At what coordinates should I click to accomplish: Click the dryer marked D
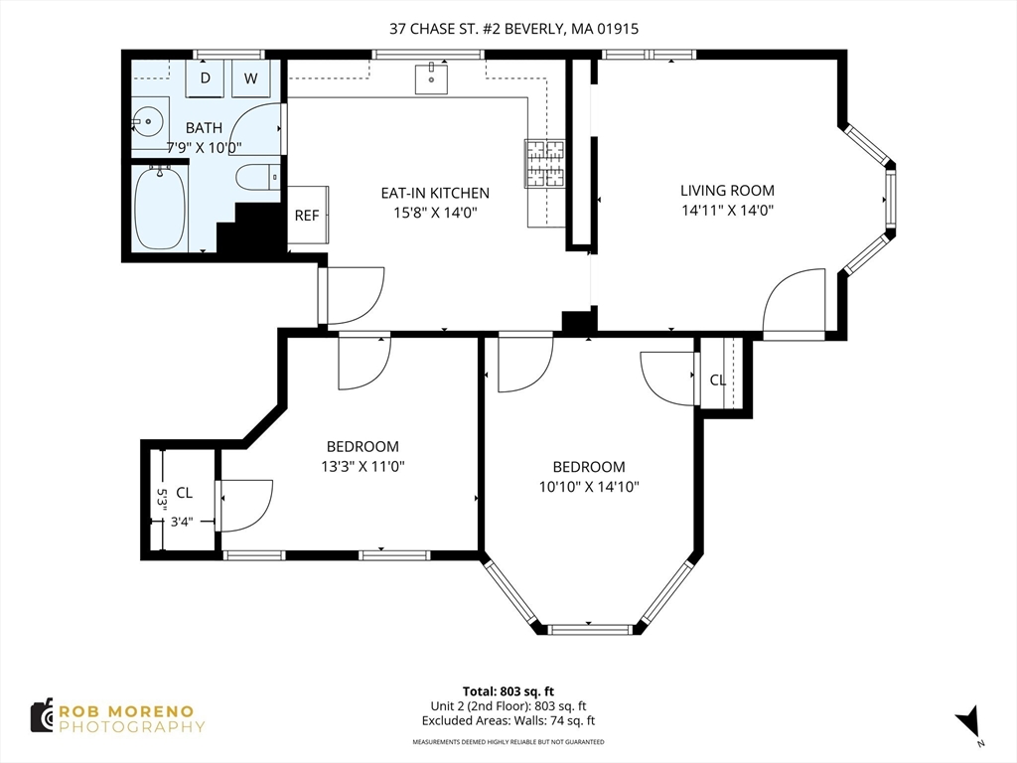coord(205,77)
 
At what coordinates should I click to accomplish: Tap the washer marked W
coord(251,77)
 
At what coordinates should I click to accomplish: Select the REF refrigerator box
coord(308,215)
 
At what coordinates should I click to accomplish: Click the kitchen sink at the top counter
coord(431,79)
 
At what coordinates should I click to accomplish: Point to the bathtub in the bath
coord(160,208)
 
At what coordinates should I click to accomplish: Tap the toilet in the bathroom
coord(258,177)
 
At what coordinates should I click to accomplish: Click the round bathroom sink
coord(148,121)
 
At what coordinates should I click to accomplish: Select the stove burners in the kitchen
coord(544,164)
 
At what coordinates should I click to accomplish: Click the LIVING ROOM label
coord(727,190)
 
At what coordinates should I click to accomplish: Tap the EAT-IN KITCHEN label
coord(435,193)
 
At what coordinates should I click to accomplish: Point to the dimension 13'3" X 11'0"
coord(363,466)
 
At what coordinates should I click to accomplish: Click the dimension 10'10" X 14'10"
coord(589,486)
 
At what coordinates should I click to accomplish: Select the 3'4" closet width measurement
coord(182,521)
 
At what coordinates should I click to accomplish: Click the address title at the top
coord(513,29)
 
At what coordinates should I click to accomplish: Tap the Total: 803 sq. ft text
coord(508,691)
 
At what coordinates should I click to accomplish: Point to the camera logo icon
coord(43,716)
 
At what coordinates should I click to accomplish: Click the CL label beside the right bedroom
coord(717,381)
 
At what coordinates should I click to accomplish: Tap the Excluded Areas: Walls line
coord(508,720)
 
